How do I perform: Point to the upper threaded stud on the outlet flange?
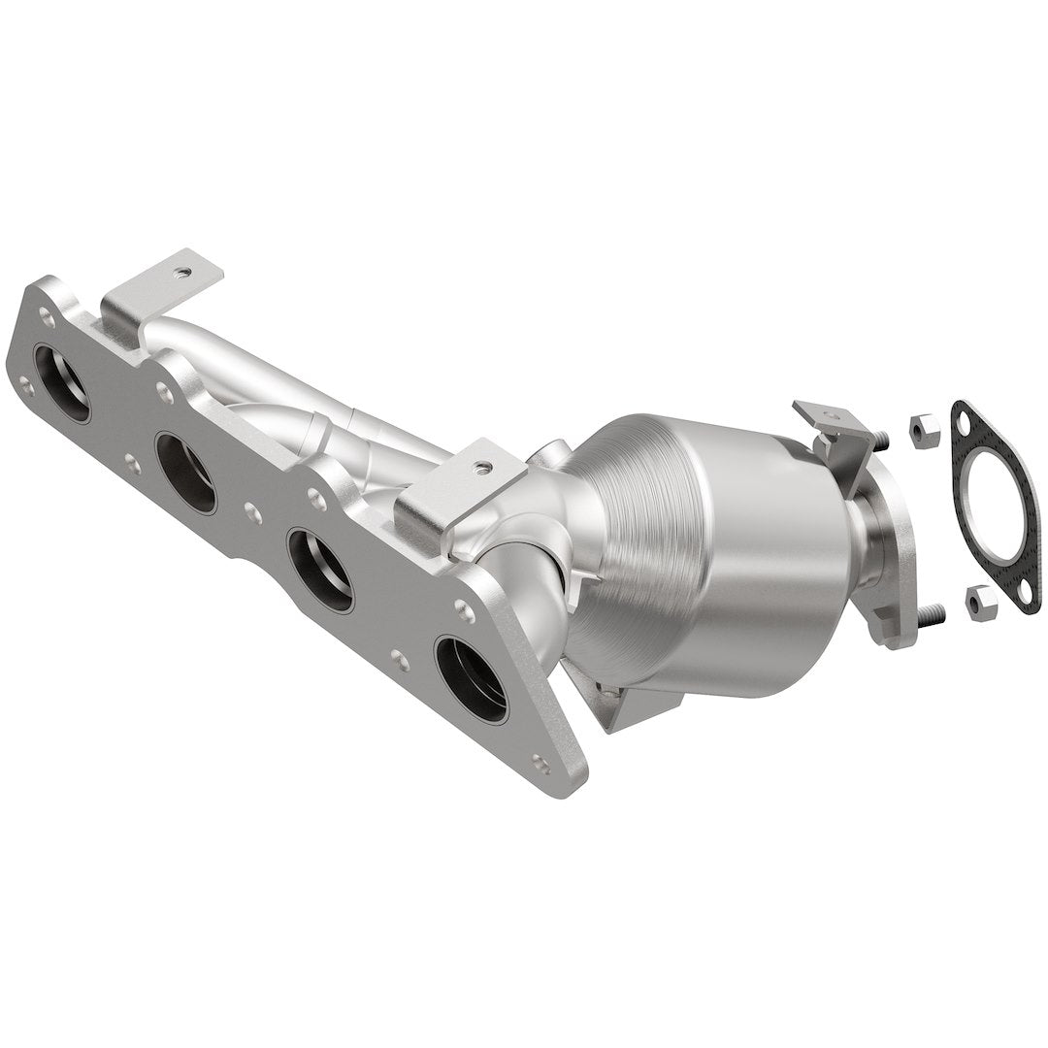pyautogui.click(x=881, y=440)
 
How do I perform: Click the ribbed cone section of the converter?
pyautogui.click(x=631, y=543)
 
